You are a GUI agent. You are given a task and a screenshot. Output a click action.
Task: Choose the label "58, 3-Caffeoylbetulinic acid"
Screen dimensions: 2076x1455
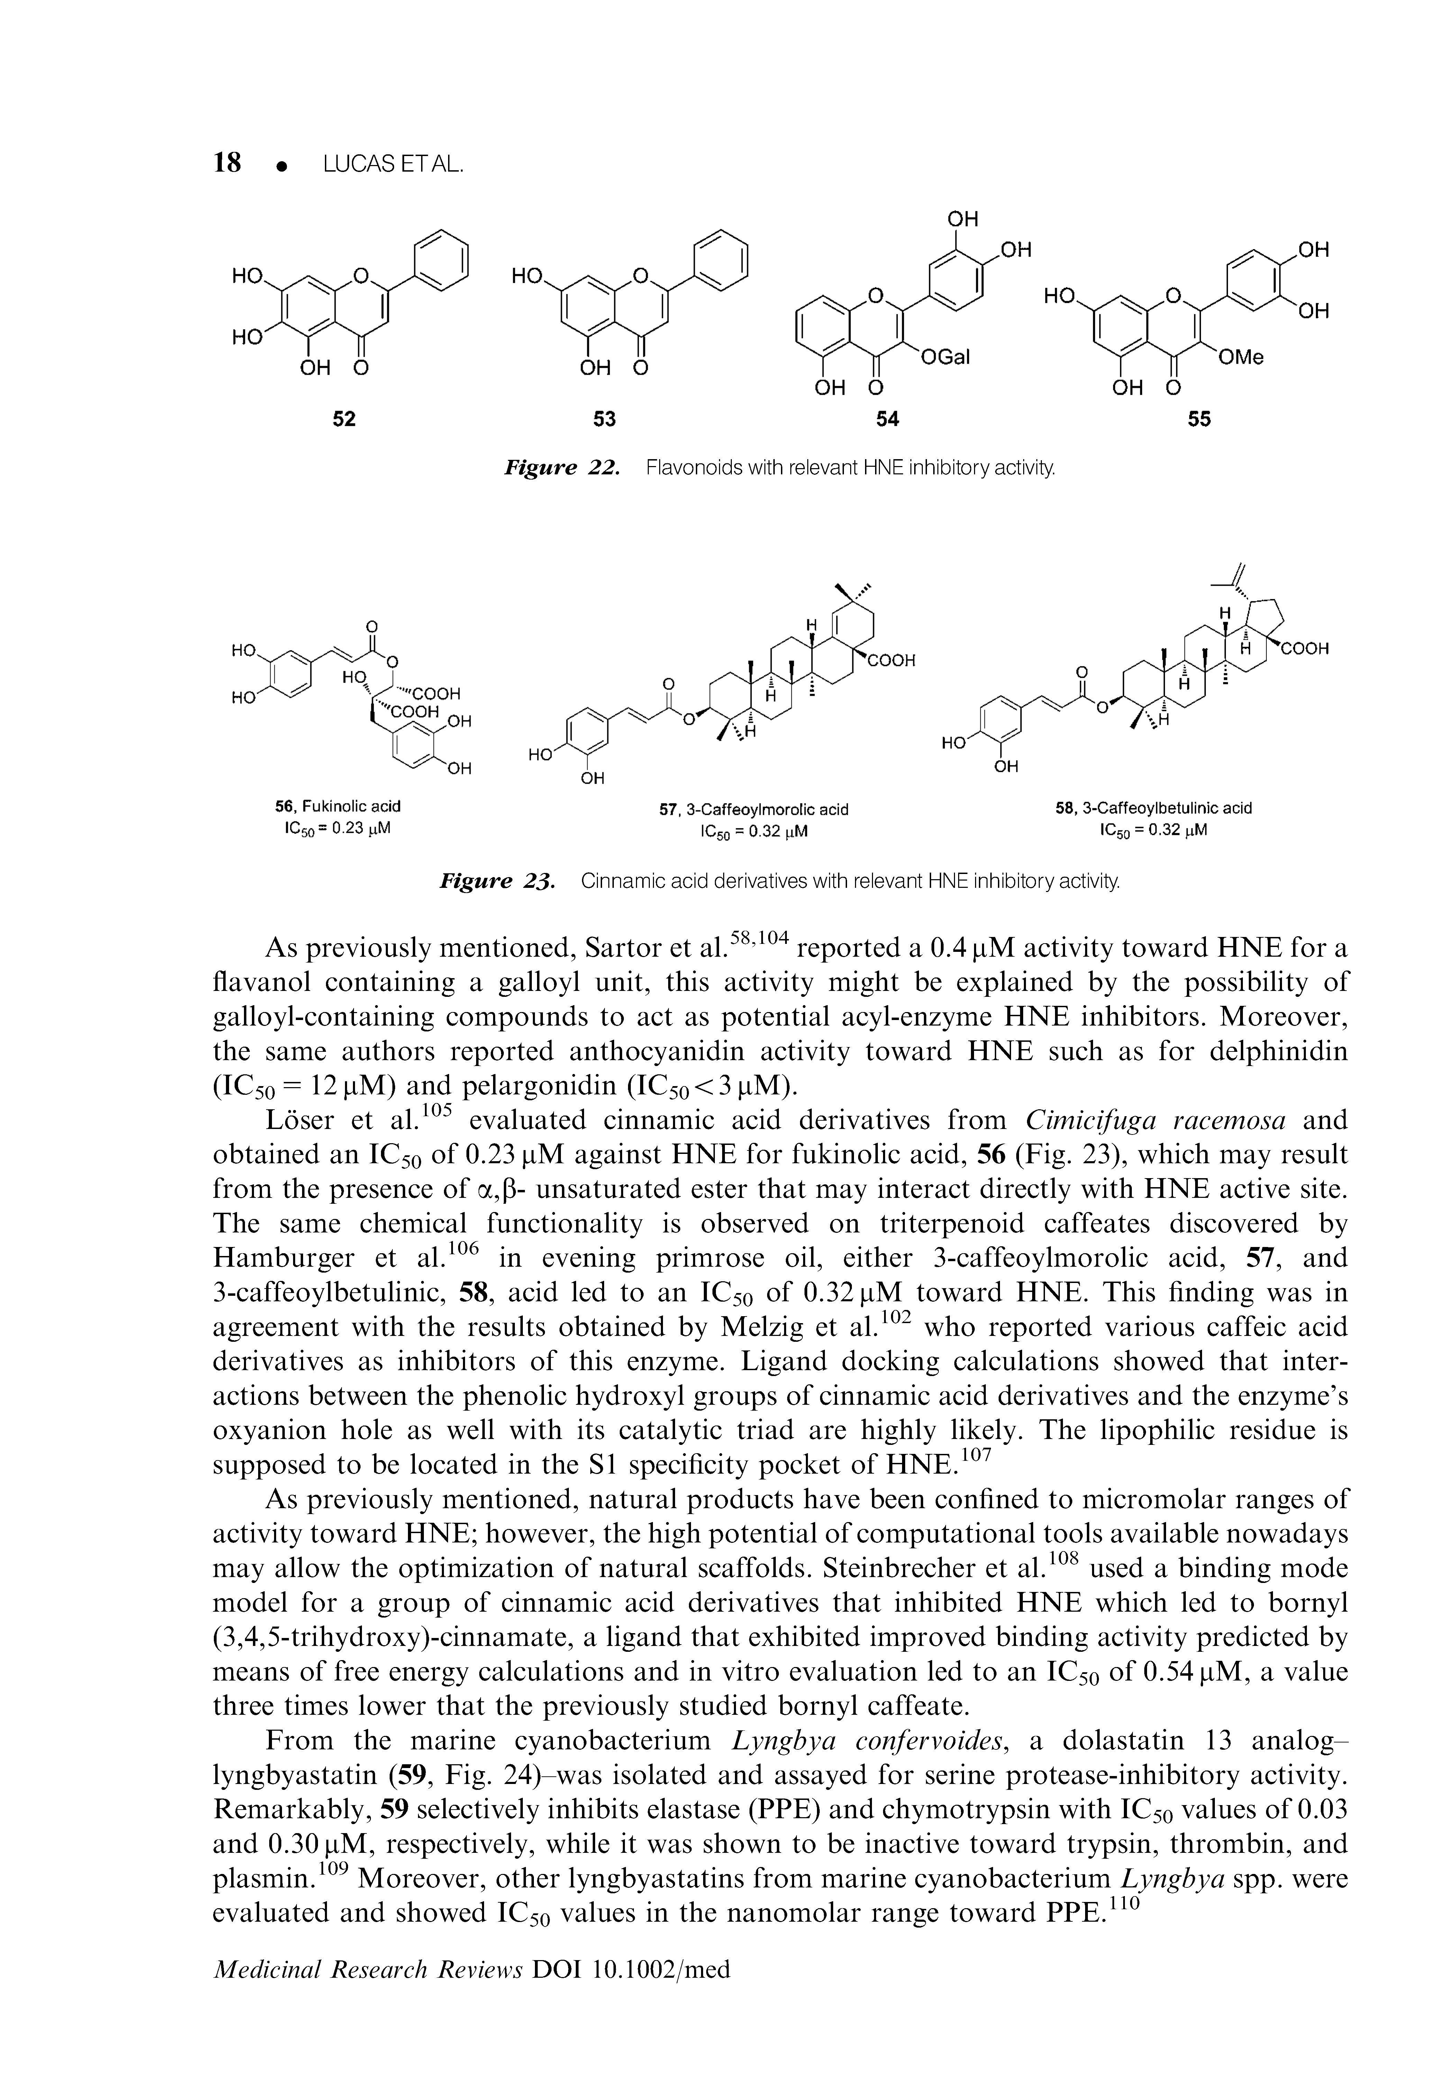pyautogui.click(x=1154, y=808)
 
